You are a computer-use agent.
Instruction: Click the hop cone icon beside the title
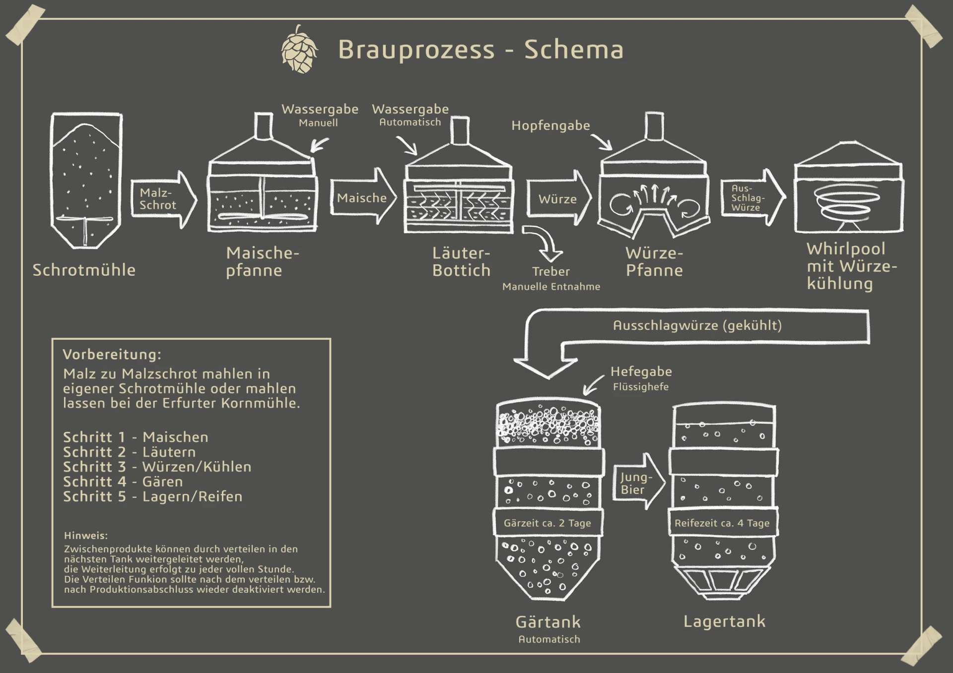pyautogui.click(x=299, y=50)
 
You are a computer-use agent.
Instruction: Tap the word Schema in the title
pyautogui.click(x=574, y=50)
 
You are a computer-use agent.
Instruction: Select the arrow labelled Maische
pyautogui.click(x=363, y=198)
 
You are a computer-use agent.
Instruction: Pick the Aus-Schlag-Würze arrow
pyautogui.click(x=750, y=198)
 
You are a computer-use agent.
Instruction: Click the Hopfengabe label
pyautogui.click(x=550, y=125)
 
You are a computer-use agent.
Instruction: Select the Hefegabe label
pyautogui.click(x=641, y=371)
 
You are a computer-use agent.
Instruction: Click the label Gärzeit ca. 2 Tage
pyautogui.click(x=547, y=523)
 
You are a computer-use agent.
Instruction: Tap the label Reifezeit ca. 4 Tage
pyautogui.click(x=722, y=523)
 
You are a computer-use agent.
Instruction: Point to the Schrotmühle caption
pyautogui.click(x=84, y=270)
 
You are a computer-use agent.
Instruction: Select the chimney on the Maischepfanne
pyautogui.click(x=264, y=127)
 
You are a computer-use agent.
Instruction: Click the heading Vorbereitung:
pyautogui.click(x=112, y=355)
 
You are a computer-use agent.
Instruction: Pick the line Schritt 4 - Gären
pyautogui.click(x=123, y=482)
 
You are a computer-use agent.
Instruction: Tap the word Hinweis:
pyautogui.click(x=86, y=536)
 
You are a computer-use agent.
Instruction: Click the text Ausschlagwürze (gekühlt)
pyautogui.click(x=697, y=325)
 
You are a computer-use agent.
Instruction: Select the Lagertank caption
pyautogui.click(x=724, y=621)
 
